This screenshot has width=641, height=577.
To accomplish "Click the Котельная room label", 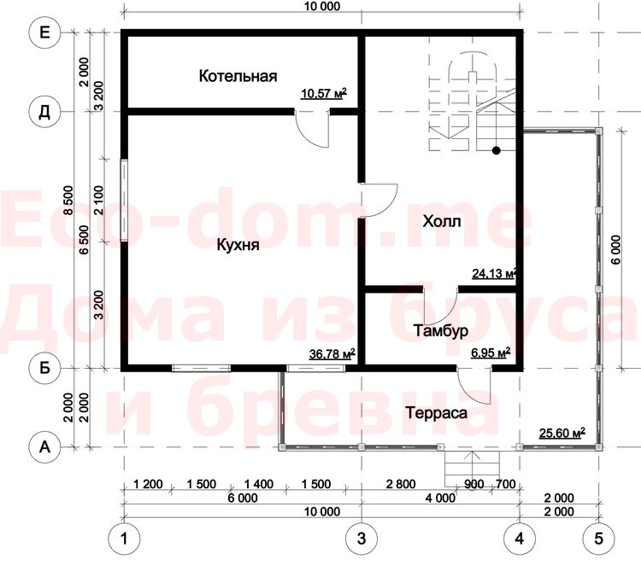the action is [238, 76].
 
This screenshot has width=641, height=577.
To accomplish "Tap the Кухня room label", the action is [238, 245].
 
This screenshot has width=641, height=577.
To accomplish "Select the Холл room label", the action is [442, 221].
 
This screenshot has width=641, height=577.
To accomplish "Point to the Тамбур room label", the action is [441, 331].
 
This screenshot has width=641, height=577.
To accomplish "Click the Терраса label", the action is [436, 413].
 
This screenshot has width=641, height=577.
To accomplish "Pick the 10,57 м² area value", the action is [324, 94].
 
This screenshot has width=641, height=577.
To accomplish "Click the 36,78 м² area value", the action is [332, 354].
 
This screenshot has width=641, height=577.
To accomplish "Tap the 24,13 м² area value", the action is [494, 273].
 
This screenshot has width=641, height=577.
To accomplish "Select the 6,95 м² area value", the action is [491, 353].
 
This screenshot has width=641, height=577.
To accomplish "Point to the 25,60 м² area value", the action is [562, 433].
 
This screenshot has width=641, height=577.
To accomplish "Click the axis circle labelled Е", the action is [44, 32].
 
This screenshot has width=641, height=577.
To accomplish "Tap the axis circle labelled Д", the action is [44, 112].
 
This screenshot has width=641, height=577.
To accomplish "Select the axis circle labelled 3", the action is [362, 539].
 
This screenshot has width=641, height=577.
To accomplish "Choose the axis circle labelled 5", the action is [598, 539].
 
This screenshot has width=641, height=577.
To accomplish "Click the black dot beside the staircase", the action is [497, 151].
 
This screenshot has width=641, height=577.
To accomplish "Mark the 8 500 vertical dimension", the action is [68, 200].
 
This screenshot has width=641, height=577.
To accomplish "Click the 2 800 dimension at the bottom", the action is [401, 484].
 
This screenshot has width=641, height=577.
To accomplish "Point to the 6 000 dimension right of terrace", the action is [616, 249].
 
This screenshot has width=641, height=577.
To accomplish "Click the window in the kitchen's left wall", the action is [124, 200].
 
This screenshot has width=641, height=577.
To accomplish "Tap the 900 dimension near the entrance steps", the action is [474, 484].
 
